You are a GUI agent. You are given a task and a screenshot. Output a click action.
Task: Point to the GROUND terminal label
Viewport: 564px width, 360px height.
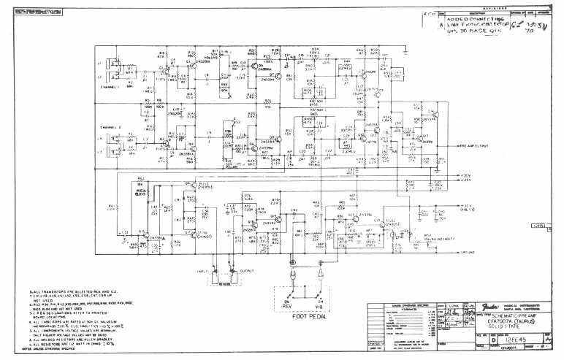[x=468, y=253]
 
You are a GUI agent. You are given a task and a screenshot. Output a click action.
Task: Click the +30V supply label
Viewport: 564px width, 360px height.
[x=465, y=176]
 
